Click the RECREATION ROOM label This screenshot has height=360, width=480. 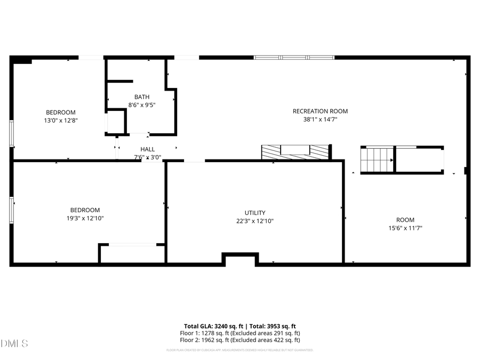[x=320, y=111]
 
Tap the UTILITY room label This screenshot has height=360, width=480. [x=255, y=213]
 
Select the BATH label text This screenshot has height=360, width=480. [x=142, y=97]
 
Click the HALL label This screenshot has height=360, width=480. [x=148, y=149]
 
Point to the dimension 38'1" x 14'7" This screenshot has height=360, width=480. [x=320, y=120]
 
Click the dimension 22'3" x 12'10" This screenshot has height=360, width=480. [x=255, y=221]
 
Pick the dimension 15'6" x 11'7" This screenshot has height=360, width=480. [x=405, y=228]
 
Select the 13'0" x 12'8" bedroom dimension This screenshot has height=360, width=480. [x=61, y=121]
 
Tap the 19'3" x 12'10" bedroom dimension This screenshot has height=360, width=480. [x=85, y=218]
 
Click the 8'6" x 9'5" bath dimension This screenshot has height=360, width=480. [x=142, y=105]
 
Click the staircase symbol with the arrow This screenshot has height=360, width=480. [x=378, y=159]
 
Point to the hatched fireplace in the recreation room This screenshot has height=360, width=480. [x=295, y=152]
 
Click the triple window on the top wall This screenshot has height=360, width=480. [x=294, y=57]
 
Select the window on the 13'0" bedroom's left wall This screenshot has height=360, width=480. [x=12, y=133]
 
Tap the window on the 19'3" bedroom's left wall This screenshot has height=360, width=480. [x=12, y=209]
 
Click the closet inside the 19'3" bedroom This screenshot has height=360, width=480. [x=132, y=254]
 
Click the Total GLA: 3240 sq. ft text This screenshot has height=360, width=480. [x=213, y=326]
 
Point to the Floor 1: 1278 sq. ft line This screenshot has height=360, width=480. [x=239, y=333]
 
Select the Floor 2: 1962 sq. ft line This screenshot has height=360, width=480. [x=239, y=340]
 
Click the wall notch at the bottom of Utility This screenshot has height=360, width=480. [x=240, y=259]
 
